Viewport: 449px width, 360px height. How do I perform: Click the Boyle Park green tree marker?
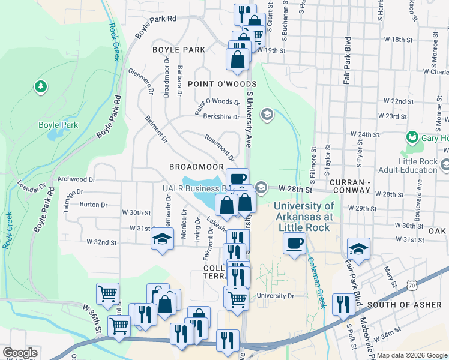click(x=41, y=87)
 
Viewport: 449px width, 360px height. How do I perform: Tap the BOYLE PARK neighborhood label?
click(x=179, y=50)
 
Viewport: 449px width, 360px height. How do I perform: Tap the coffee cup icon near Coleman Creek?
click(x=294, y=244)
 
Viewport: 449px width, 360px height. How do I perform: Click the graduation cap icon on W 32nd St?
click(x=161, y=241)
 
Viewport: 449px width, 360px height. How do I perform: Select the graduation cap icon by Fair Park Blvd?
click(x=358, y=248)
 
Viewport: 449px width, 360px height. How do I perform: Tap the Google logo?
click(x=20, y=353)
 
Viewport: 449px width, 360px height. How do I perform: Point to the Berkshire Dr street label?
click(x=221, y=116)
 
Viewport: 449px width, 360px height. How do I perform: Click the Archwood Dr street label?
click(x=76, y=179)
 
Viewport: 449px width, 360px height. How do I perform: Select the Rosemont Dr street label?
click(x=219, y=148)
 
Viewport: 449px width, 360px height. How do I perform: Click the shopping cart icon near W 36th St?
click(x=108, y=293)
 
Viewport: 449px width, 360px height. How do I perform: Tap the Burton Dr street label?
click(x=93, y=205)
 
